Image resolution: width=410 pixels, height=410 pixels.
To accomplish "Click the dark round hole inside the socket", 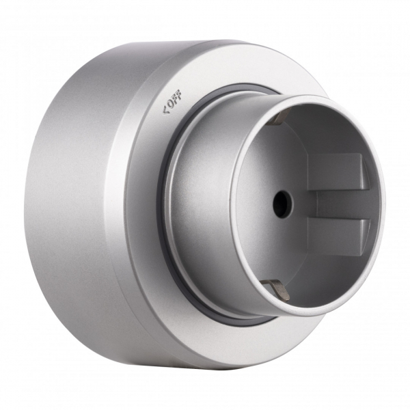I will click(x=281, y=203).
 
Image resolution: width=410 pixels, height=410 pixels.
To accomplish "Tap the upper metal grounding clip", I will click(x=275, y=119).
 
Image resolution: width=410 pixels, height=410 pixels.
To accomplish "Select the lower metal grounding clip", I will click(x=277, y=290).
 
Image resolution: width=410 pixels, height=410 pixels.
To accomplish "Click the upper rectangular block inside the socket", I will click(x=335, y=172).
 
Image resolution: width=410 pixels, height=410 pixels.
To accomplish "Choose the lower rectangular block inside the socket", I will click(x=335, y=236).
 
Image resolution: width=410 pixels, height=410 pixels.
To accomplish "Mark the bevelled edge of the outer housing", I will click(x=116, y=205).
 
